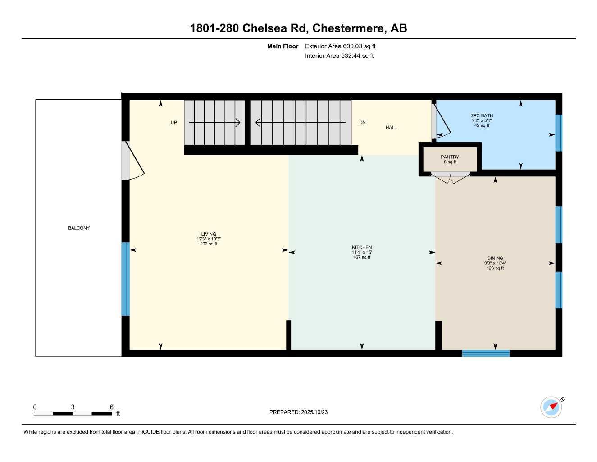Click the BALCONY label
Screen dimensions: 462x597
(79, 228)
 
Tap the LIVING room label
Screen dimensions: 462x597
(209, 234)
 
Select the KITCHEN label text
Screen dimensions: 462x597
(362, 247)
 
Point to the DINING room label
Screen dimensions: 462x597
(495, 259)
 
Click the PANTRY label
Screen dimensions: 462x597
(450, 157)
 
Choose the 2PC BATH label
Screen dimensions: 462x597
(482, 116)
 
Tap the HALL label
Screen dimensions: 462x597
(391, 128)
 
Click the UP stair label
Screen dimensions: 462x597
(174, 123)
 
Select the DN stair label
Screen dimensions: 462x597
(362, 123)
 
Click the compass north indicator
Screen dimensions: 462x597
(552, 407)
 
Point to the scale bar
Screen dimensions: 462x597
(73, 413)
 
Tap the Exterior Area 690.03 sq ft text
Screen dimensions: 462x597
(340, 46)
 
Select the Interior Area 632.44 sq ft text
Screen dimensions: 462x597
(339, 56)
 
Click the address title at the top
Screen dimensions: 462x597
(298, 28)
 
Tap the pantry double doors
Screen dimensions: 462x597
(451, 178)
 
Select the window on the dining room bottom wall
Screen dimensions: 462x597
(486, 353)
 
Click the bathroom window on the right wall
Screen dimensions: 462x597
(559, 133)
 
